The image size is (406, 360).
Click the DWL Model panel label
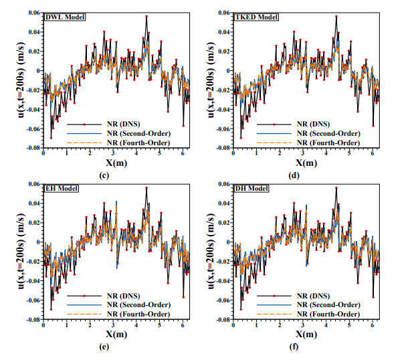pyautogui.click(x=62, y=17)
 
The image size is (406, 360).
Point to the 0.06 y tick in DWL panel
pyautogui.click(x=33, y=13)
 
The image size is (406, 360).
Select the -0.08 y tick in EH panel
pyautogui.click(x=31, y=320)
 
